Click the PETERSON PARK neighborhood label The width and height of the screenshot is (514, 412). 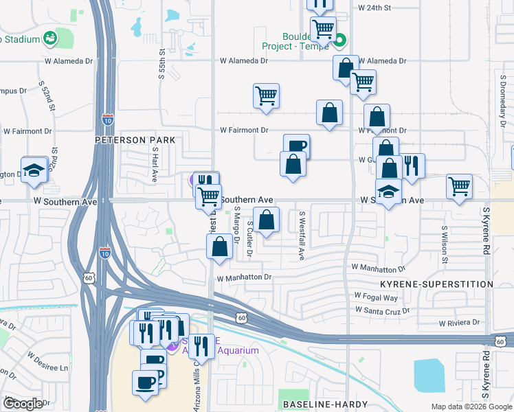[135, 140]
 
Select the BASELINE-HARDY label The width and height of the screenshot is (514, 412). [323, 404]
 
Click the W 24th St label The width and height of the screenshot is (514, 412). [375, 8]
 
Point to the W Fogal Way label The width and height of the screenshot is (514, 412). [376, 297]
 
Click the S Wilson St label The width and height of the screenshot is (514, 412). [445, 245]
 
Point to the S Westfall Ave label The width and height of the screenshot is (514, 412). [301, 235]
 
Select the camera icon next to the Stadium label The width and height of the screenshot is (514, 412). [49, 38]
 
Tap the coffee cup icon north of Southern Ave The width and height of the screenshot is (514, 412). [296, 145]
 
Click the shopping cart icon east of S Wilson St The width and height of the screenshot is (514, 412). [459, 185]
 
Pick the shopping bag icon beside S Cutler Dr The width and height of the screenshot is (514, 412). [267, 220]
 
